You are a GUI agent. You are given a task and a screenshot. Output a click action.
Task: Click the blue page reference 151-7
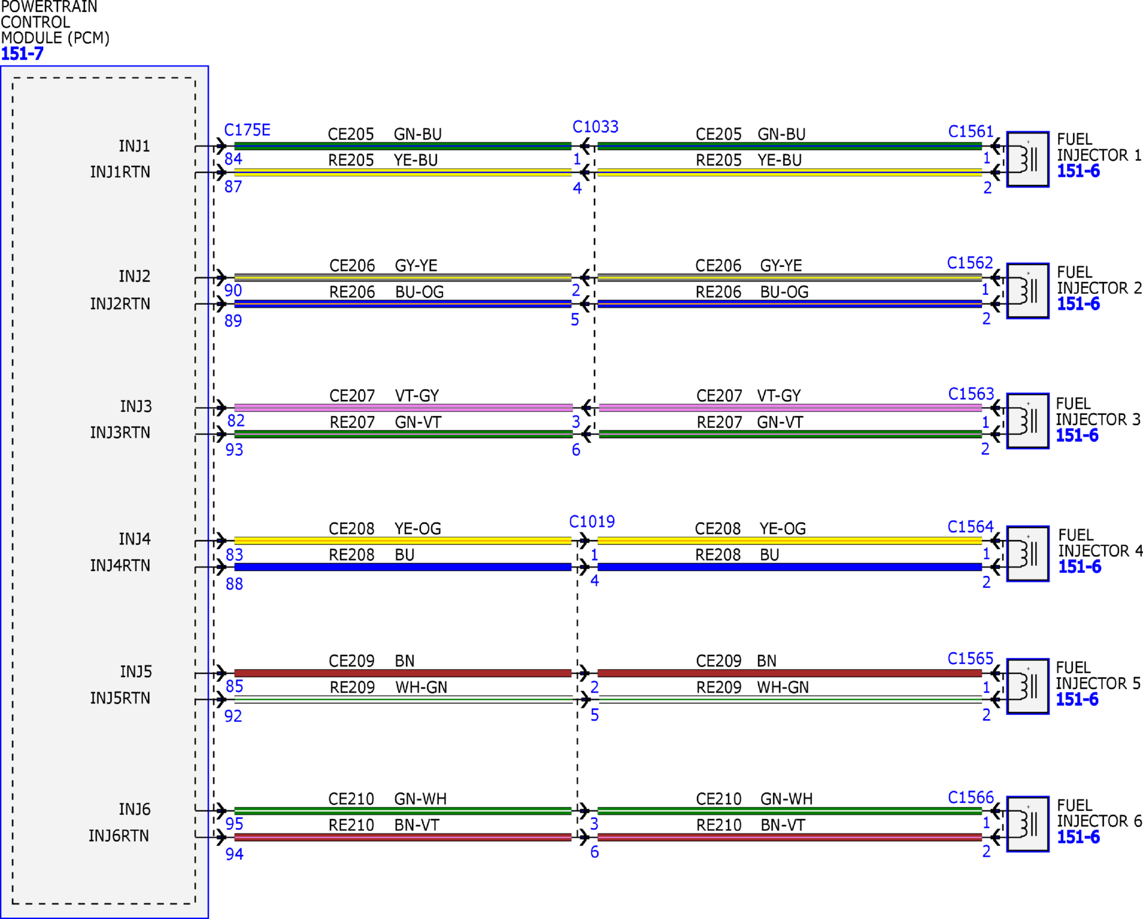tap(22, 54)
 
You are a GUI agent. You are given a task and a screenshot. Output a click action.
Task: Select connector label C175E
tap(247, 130)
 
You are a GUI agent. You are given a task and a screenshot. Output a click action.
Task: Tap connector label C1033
tap(595, 127)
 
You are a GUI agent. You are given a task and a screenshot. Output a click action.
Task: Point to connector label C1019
tap(591, 521)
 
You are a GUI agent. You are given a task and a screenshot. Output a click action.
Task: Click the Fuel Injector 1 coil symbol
tap(1028, 159)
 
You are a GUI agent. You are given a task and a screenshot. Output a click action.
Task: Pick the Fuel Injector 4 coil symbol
tap(1028, 554)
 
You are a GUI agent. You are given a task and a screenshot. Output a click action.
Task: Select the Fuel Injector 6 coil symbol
tap(1028, 824)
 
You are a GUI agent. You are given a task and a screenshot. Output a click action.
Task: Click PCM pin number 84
tap(233, 159)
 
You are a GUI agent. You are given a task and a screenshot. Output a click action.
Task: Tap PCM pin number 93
tap(234, 450)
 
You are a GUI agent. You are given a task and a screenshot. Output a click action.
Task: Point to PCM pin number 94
tap(234, 854)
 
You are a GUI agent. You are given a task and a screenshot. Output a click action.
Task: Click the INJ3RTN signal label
tap(120, 432)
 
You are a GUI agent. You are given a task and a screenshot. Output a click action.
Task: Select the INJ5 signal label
tap(136, 672)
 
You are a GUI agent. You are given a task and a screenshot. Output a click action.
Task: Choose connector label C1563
tap(971, 394)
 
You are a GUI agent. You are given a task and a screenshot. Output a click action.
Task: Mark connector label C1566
tap(971, 798)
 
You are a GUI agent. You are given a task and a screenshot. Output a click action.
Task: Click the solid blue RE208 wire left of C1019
tap(403, 567)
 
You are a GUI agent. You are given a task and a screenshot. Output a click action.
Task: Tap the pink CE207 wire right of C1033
tap(790, 408)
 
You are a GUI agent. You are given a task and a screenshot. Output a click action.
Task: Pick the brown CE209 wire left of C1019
tap(403, 673)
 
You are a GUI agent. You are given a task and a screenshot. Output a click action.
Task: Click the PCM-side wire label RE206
tap(352, 292)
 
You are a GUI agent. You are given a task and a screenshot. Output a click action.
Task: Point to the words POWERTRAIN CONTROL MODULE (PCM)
tap(55, 23)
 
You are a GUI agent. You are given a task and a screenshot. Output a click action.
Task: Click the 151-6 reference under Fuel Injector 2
tap(1078, 304)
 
